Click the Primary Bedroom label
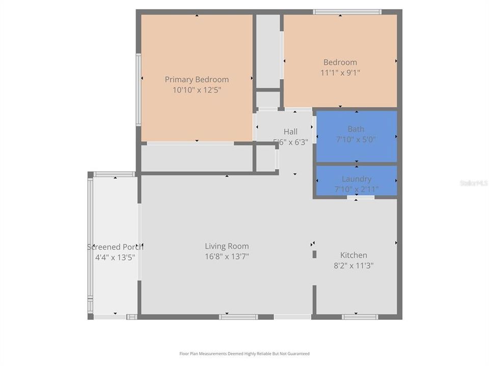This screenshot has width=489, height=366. click(197, 79)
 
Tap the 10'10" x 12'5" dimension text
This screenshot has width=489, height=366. click(197, 90)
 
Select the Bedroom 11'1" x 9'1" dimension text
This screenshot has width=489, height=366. click(340, 73)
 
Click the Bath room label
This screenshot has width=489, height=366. click(356, 129)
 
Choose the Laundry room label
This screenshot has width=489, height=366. click(356, 179)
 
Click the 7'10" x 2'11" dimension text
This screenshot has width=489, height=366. click(356, 189)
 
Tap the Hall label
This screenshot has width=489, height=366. click(290, 132)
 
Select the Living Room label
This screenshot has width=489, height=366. click(227, 246)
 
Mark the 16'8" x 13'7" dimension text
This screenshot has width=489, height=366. click(227, 257)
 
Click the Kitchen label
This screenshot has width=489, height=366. click(354, 255)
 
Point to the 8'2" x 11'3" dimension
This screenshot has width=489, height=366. click(354, 265)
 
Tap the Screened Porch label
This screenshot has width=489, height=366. click(115, 247)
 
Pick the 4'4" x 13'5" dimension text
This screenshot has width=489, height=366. click(115, 257)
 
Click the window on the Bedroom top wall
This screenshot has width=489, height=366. click(347, 12)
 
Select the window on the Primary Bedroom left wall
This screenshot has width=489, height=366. click(138, 89)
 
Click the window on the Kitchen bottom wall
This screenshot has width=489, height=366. click(360, 317)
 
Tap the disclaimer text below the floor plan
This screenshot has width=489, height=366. click(244, 354)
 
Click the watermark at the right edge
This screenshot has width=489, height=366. click(474, 182)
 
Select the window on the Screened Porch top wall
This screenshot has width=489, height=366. click(114, 174)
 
